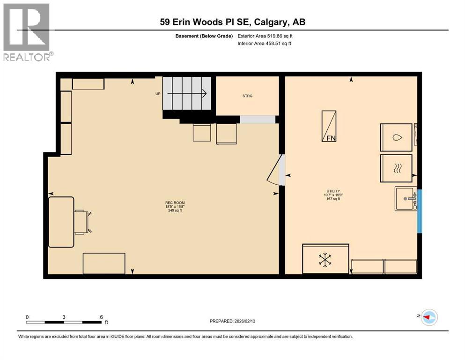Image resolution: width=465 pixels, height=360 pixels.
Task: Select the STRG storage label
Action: pos(247,96)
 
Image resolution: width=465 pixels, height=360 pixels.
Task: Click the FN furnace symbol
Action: pos(329,126)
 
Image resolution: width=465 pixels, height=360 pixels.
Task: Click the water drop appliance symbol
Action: pos(396,138)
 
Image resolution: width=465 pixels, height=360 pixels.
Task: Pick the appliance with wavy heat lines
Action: pos(396,168)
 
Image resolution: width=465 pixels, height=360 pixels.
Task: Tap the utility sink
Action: pos(406,198)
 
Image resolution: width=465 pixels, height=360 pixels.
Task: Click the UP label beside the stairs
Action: pos(158,94)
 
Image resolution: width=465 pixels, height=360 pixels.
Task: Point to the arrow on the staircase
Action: pos(187,94)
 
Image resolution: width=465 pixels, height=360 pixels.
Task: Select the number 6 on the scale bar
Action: pos(102,317)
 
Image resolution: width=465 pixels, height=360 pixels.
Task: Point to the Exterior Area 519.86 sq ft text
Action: pos(266,36)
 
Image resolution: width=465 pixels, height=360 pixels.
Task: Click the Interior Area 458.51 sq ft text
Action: pos(265,44)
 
